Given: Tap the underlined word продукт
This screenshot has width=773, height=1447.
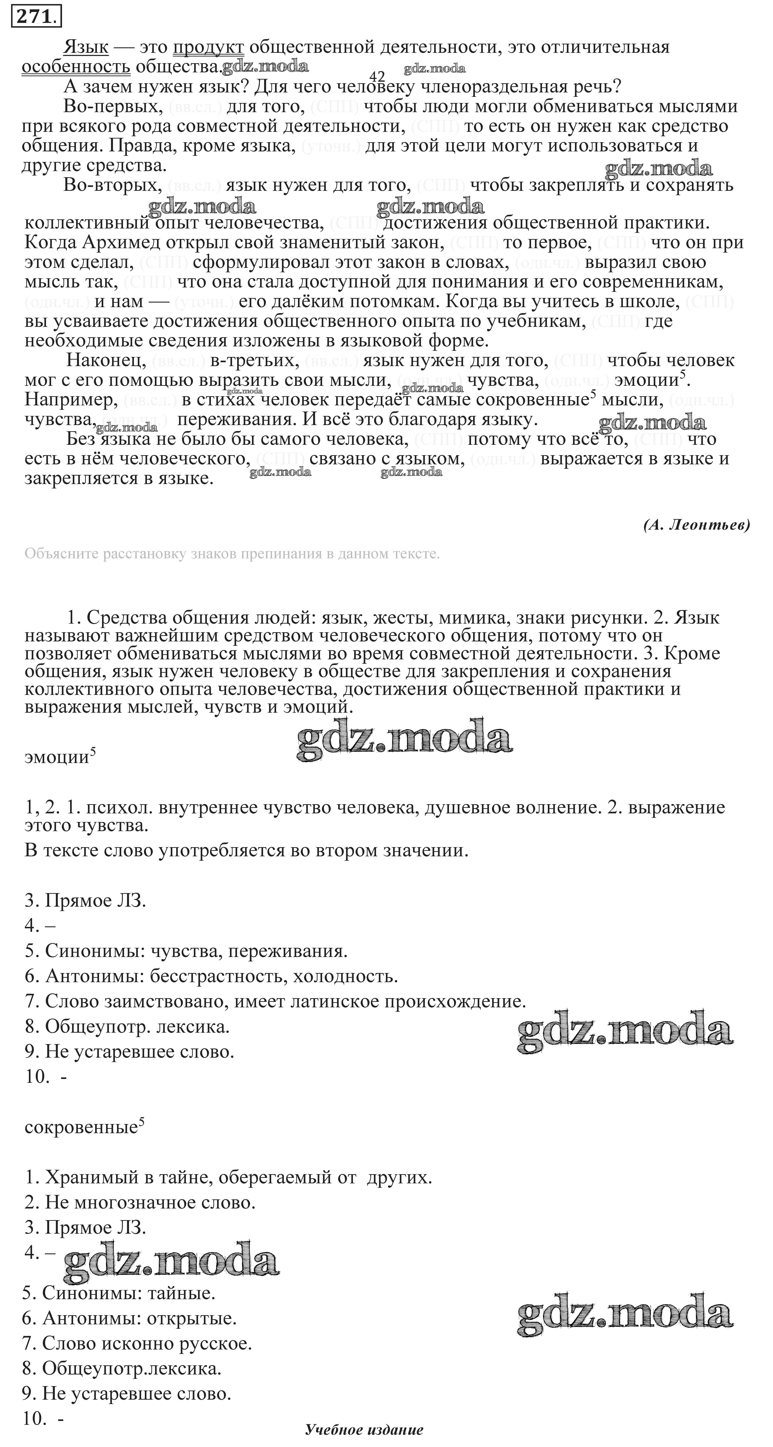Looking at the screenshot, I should (x=208, y=47).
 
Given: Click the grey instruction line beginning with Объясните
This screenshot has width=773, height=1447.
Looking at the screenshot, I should (x=232, y=554).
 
